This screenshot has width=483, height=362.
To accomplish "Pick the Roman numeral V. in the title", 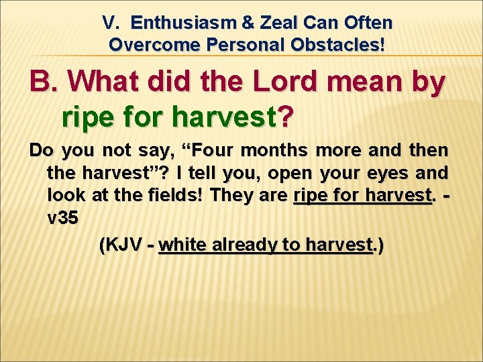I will [113, 23].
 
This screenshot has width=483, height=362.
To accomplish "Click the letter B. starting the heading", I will [45, 83].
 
